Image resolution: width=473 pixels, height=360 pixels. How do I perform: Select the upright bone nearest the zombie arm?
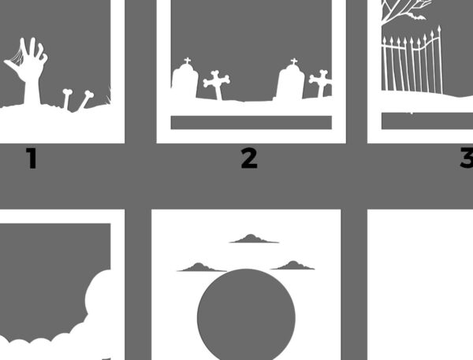[67, 99]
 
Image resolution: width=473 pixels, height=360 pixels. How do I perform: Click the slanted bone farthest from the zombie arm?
[86, 99]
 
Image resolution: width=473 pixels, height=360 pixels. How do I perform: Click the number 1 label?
[32, 158]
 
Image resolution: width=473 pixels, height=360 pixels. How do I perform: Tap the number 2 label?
[249, 158]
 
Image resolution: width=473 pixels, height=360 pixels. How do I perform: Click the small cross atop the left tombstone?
[188, 61]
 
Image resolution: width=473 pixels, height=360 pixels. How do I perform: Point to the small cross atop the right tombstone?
[294, 61]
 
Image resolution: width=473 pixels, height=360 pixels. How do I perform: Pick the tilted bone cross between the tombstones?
[217, 84]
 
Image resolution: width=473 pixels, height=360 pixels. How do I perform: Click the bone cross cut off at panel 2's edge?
[321, 83]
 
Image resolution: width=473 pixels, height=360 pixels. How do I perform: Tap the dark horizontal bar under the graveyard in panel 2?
[251, 122]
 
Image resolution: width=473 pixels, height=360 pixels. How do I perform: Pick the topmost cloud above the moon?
[254, 239]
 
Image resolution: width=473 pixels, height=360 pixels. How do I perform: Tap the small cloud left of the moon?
[202, 267]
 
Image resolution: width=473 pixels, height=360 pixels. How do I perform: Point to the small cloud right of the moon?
[292, 265]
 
